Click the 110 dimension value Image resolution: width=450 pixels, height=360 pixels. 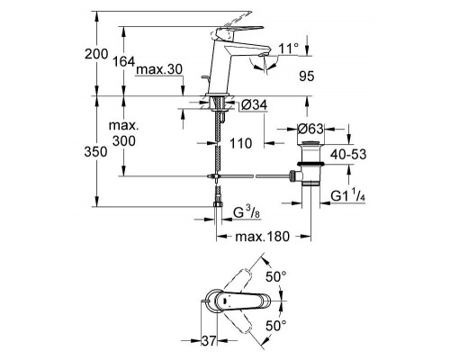[239, 142]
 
